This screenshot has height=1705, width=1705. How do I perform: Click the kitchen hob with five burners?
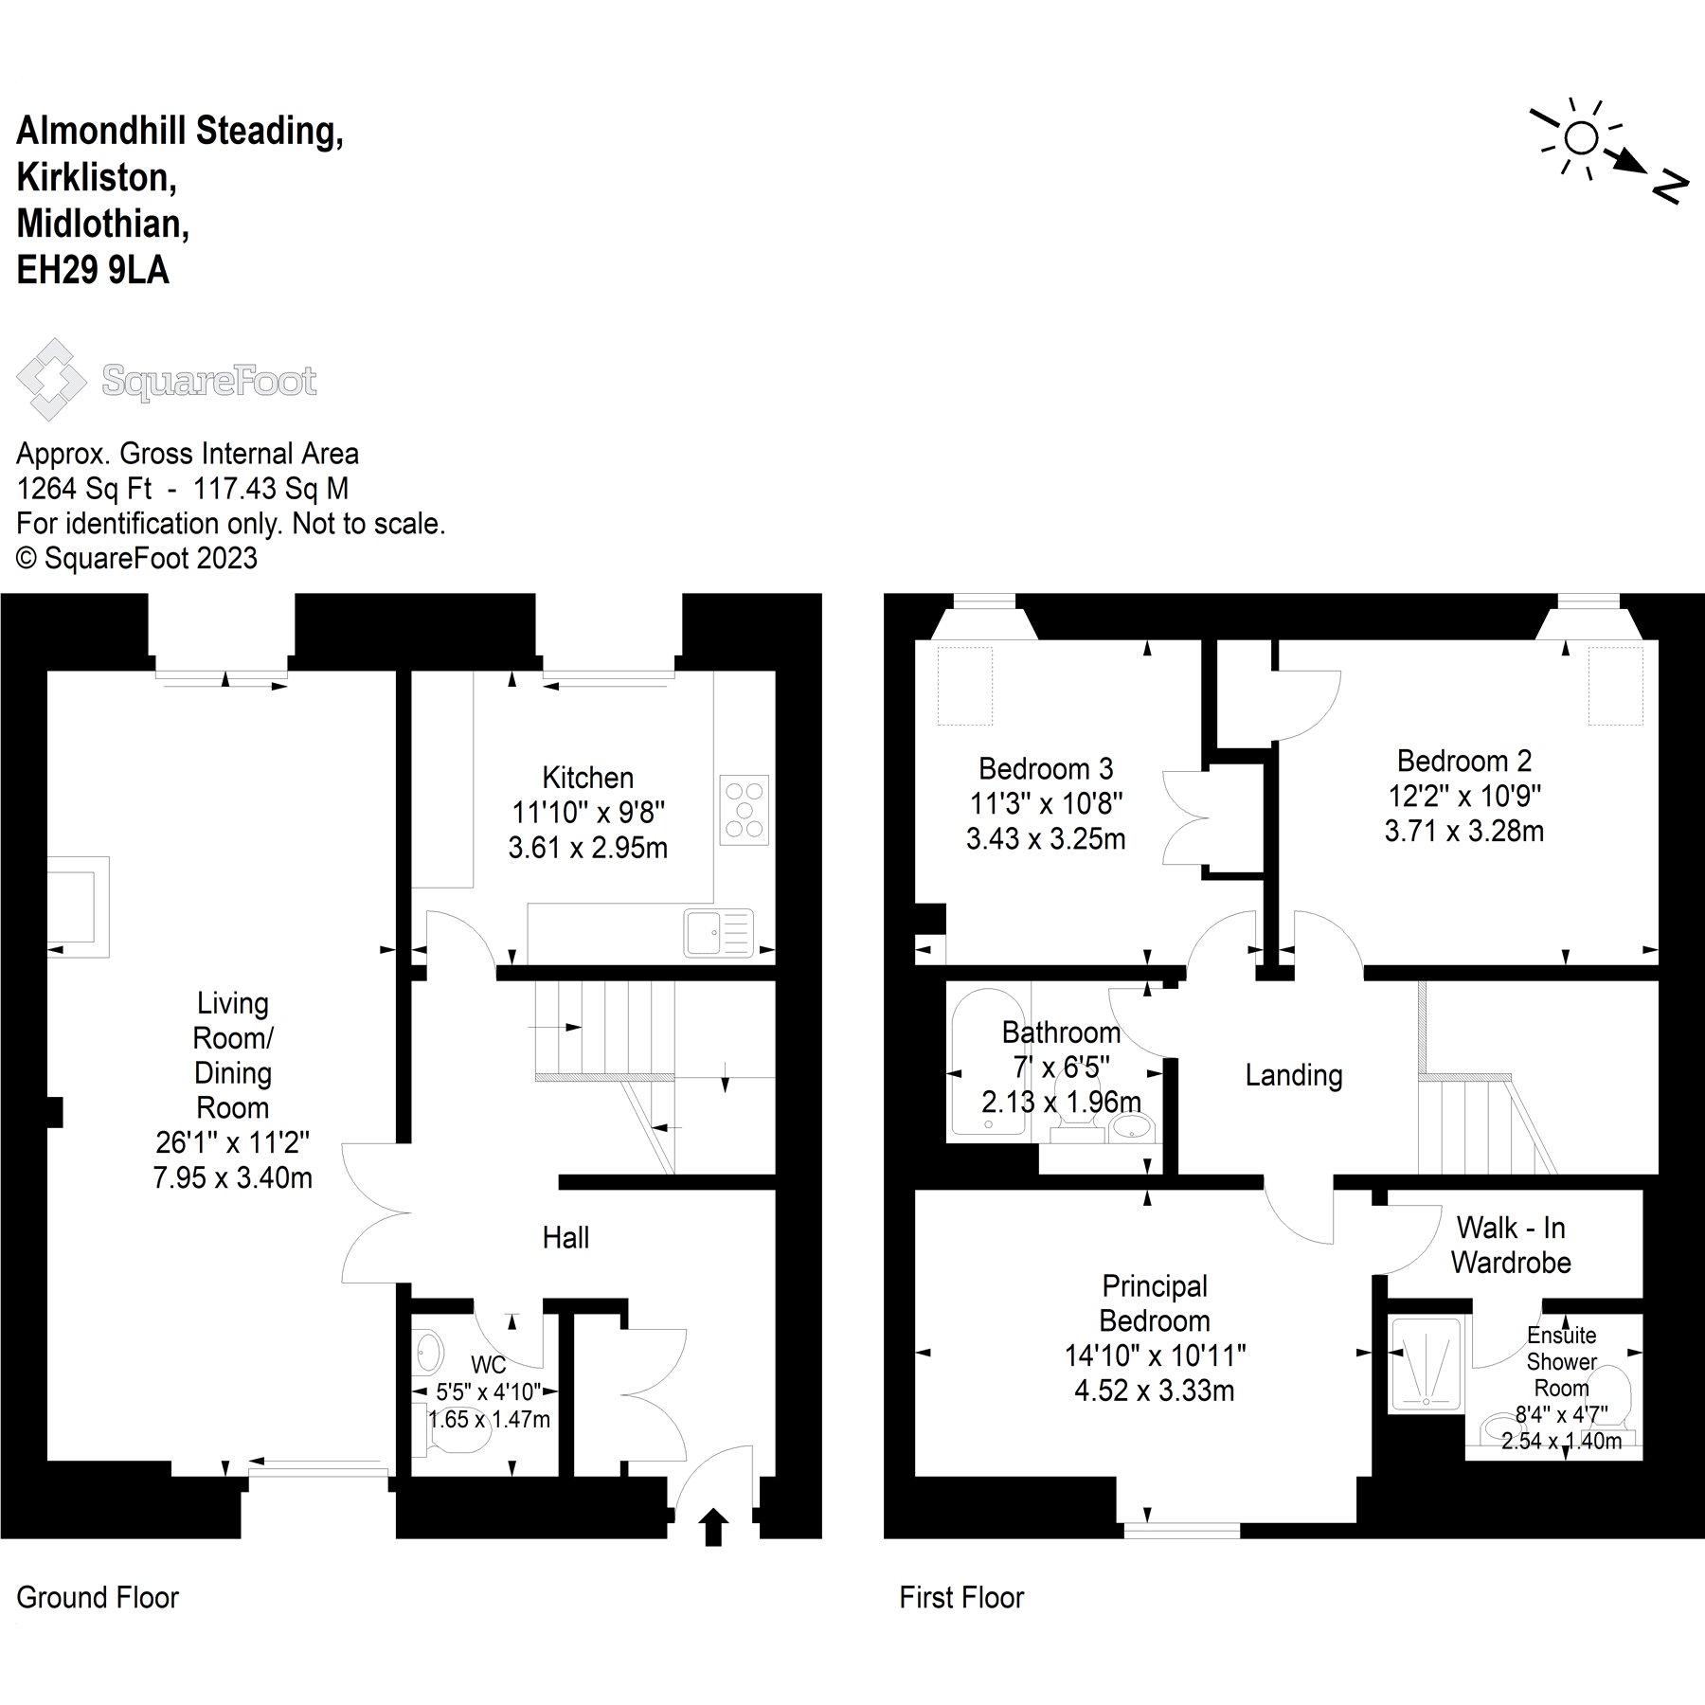click(745, 810)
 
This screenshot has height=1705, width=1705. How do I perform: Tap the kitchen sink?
click(719, 933)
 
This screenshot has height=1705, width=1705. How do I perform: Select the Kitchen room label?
click(587, 778)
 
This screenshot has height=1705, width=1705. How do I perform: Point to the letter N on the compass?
click(1669, 187)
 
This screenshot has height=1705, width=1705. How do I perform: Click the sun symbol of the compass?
click(1580, 139)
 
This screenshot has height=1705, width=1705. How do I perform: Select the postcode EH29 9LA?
click(93, 271)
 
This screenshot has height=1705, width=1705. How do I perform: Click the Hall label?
click(565, 1237)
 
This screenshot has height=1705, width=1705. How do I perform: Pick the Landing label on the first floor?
click(1293, 1075)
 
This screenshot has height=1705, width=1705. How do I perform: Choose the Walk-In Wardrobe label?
click(1511, 1245)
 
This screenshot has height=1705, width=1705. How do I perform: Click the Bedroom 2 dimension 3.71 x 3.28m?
click(1463, 831)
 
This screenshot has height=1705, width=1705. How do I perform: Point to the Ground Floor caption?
click(98, 1598)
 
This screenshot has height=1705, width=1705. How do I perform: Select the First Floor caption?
click(961, 1598)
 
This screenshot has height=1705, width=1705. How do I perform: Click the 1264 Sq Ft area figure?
click(84, 489)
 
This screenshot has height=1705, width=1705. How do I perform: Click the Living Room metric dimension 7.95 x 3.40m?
click(232, 1177)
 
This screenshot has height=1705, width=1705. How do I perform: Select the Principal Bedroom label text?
click(1155, 1303)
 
